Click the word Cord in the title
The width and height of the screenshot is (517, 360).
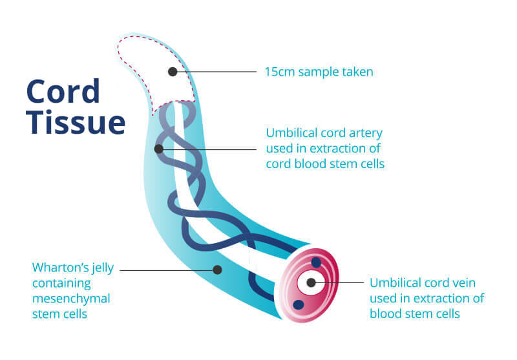tap(63, 91)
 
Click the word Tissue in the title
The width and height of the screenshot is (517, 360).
tap(76, 122)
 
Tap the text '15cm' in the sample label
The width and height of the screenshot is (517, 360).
tap(280, 72)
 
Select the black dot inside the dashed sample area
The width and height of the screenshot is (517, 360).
tap(173, 72)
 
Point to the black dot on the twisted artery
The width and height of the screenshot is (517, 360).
tap(159, 149)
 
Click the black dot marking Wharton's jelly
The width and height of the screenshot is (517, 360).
tap(217, 270)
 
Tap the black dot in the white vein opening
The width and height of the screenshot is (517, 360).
tap(311, 282)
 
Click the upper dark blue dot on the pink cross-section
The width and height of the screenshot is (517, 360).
tap(316, 262)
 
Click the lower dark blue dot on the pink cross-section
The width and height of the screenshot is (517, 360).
tap(299, 304)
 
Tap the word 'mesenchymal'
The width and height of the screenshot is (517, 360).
tap(71, 299)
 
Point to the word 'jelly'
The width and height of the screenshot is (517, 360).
tap(103, 268)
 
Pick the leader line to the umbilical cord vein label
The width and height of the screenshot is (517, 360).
tap(340, 282)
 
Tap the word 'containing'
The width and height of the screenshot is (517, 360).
tap(61, 284)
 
